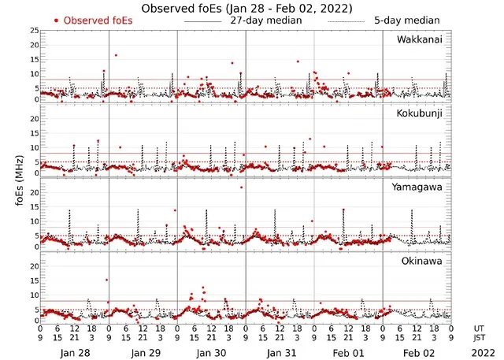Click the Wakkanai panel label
coord(423,39)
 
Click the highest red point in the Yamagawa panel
coord(242,187)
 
